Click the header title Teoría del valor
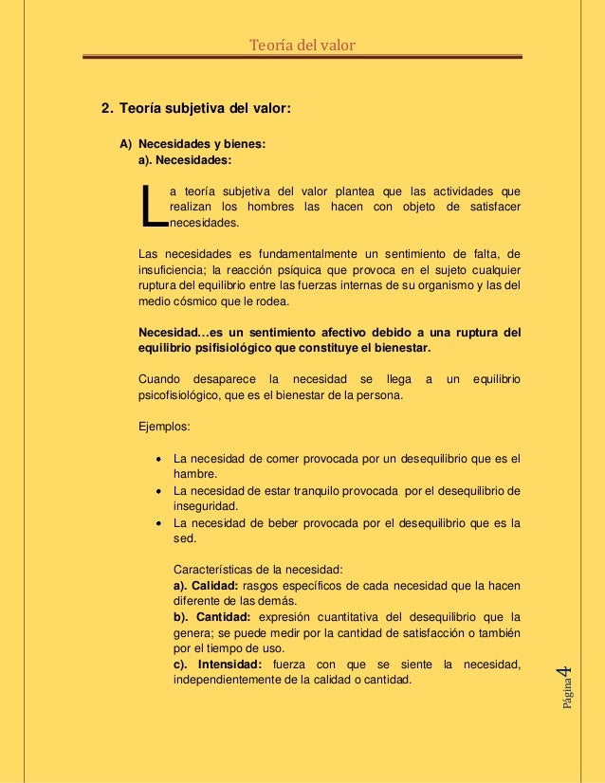(x=302, y=45)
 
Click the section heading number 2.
(x=106, y=109)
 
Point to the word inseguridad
(x=205, y=506)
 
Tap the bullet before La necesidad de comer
(x=158, y=459)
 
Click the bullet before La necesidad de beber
(x=158, y=522)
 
